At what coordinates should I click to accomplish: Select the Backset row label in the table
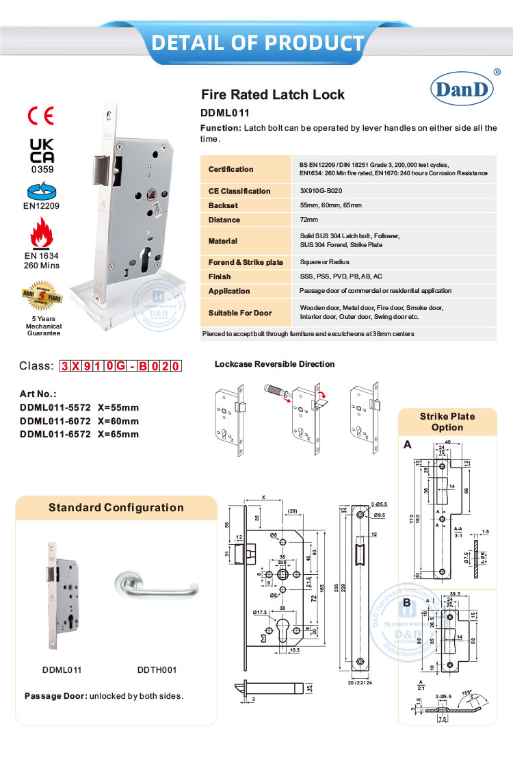tap(223, 205)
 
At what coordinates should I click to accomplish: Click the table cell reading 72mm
tap(309, 220)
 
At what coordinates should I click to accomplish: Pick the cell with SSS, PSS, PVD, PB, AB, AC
tap(341, 276)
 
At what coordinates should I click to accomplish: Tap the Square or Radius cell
tap(324, 262)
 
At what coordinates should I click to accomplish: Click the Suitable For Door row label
tap(240, 313)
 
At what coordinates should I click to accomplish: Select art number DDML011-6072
tap(79, 421)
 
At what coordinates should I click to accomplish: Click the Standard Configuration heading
tap(116, 507)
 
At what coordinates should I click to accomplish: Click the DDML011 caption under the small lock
tap(63, 670)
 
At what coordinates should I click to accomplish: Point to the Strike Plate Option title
tap(447, 422)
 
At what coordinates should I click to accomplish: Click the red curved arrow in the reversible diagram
tap(321, 395)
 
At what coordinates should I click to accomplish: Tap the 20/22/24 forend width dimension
tap(360, 682)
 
